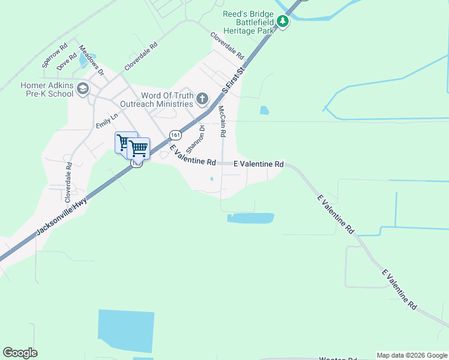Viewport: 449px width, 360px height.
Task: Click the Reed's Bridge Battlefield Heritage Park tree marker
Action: [x=283, y=22]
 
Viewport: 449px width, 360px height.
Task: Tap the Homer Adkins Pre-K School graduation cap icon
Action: [x=82, y=89]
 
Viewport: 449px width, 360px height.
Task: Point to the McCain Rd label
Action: [x=222, y=122]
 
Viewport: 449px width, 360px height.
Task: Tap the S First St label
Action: [x=235, y=80]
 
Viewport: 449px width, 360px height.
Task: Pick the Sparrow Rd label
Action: [x=54, y=55]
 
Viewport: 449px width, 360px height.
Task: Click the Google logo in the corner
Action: [x=20, y=353]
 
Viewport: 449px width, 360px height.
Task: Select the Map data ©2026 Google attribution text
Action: [x=412, y=355]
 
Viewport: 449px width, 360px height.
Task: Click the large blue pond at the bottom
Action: [x=125, y=330]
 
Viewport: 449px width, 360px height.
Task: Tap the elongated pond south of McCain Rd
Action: [x=251, y=218]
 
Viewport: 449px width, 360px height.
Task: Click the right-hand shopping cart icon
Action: [x=139, y=148]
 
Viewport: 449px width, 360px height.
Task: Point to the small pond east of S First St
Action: [x=264, y=110]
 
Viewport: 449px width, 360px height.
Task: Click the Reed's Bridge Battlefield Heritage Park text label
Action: [x=248, y=22]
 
